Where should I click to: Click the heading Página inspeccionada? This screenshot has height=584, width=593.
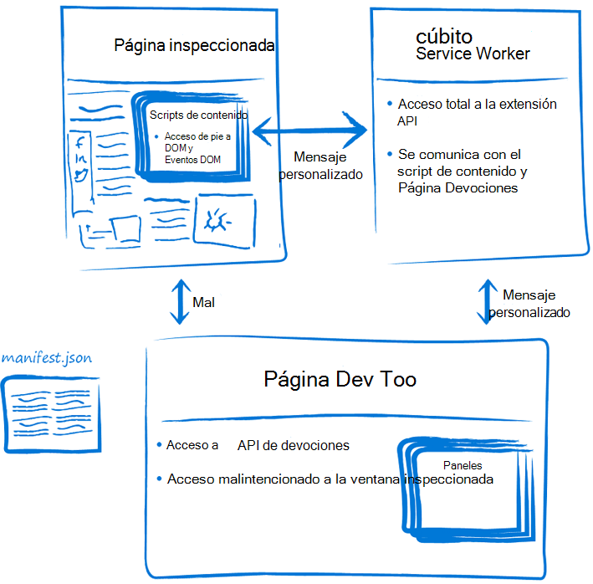click(194, 45)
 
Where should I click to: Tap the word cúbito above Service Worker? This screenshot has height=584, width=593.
click(444, 37)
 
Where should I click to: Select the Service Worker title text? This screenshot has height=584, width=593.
click(473, 54)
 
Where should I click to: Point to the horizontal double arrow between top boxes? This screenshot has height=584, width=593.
click(310, 131)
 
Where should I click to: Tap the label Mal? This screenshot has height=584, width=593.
click(204, 302)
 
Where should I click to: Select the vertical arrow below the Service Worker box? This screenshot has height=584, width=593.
click(487, 302)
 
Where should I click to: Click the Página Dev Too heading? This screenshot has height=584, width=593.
click(340, 380)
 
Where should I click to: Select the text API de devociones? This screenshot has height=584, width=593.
click(293, 445)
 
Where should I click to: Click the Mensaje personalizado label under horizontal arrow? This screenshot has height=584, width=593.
click(320, 166)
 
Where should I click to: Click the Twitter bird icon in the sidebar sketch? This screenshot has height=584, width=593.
click(82, 175)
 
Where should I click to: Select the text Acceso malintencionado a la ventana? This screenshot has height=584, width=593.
click(284, 479)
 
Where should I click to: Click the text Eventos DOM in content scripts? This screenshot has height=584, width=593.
click(192, 159)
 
